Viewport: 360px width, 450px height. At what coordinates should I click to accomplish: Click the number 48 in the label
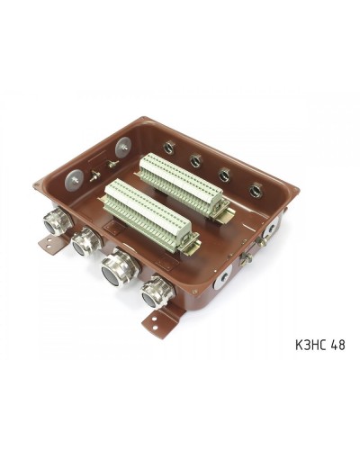coord(338,345)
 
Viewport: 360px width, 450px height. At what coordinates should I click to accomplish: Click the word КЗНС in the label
coord(311,345)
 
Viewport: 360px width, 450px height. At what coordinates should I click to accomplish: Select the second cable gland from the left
coord(85,241)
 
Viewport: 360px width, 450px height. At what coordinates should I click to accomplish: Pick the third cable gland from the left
coord(120,266)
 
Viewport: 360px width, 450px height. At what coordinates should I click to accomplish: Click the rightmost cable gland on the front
coord(157,292)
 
